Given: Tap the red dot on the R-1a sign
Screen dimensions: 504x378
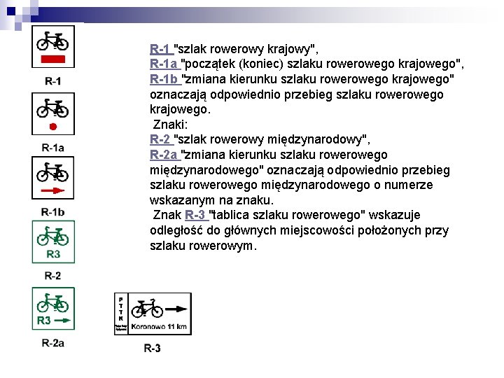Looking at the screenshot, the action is coord(52,126).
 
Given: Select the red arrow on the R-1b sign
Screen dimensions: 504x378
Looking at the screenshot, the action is coord(53,190).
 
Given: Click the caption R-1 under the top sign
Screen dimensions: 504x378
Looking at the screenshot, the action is coord(52,82).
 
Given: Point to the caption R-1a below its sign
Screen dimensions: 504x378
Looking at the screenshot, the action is coord(52,147).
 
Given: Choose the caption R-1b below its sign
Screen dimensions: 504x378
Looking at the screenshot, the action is coord(52,212).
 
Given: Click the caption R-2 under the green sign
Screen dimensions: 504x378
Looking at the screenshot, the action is coord(52,276).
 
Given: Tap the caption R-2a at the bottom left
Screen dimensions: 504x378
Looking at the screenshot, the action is coord(52,342).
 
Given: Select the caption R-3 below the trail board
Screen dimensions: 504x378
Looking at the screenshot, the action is coord(152,348).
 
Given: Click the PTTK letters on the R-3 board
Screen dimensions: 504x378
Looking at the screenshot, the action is coord(120,308).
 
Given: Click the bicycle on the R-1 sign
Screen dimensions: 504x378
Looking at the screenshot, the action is coord(52,41).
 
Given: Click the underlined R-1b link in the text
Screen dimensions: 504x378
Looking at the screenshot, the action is coord(165,78).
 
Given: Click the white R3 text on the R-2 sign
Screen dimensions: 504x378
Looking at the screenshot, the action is coord(53,253).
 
